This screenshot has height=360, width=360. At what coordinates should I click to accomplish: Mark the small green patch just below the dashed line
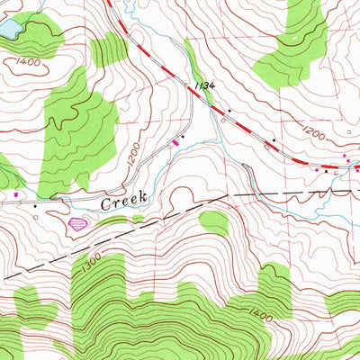tap(214, 221)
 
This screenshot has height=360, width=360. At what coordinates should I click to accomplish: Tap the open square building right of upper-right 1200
tap(350, 131)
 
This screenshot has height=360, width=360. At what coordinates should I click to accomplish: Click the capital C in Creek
tap(105, 203)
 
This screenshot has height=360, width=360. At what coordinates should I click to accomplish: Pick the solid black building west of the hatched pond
tap(35, 206)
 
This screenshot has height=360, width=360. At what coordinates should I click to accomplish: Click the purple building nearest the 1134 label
tap(176, 141)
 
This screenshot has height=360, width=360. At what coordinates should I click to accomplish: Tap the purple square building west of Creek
tap(15, 192)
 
